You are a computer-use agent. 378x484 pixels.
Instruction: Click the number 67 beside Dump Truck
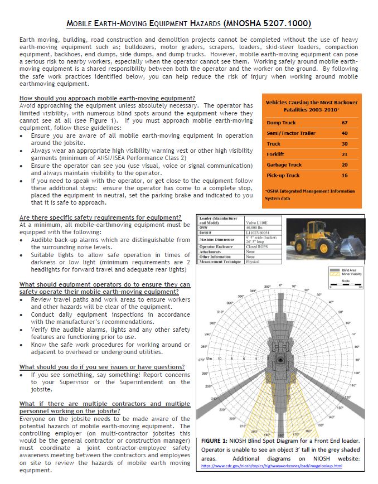(344, 122)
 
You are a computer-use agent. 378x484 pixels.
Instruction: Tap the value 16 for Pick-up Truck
(344, 175)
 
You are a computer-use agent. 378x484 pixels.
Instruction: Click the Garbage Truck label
(284, 164)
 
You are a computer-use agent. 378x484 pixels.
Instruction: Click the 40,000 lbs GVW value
(256, 227)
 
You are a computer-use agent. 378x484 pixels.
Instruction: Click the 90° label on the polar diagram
(357, 359)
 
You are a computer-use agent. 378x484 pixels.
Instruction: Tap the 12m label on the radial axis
(209, 359)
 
